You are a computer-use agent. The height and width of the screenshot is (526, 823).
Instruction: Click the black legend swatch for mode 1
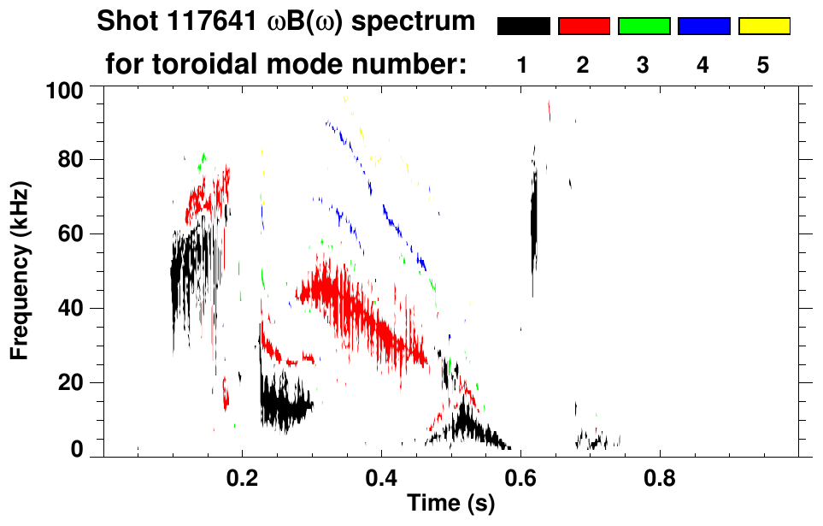pyautogui.click(x=523, y=27)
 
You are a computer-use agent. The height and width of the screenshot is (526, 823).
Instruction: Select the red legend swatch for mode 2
pyautogui.click(x=584, y=27)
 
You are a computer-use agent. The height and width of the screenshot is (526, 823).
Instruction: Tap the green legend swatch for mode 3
pyautogui.click(x=644, y=27)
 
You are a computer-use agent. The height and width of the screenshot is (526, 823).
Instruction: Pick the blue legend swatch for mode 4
pyautogui.click(x=703, y=27)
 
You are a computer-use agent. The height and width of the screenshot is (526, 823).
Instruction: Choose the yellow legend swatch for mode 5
pyautogui.click(x=764, y=27)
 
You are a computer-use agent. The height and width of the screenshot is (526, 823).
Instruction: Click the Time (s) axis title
pyautogui.click(x=450, y=505)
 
